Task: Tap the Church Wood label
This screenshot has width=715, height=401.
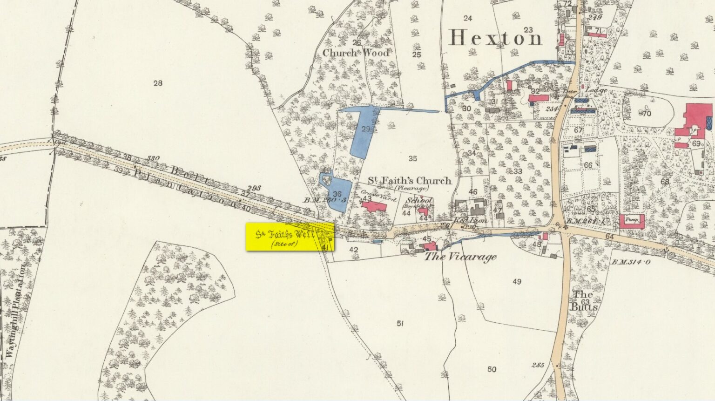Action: coord(356,53)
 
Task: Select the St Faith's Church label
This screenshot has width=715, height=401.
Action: coord(410,181)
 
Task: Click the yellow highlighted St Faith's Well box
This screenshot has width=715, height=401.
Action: coord(290,237)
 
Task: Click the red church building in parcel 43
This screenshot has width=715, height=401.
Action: coord(374,206)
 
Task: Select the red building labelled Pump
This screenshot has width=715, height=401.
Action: coord(631,221)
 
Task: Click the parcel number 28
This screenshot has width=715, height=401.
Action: coord(158,83)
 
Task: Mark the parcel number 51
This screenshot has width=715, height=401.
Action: coord(400,323)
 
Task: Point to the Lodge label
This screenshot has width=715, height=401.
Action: coord(596,90)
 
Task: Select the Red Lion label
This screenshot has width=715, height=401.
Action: coord(470,221)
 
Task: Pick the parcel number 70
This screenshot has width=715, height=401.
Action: coord(646,113)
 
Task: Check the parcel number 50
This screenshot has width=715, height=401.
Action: coord(492,369)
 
